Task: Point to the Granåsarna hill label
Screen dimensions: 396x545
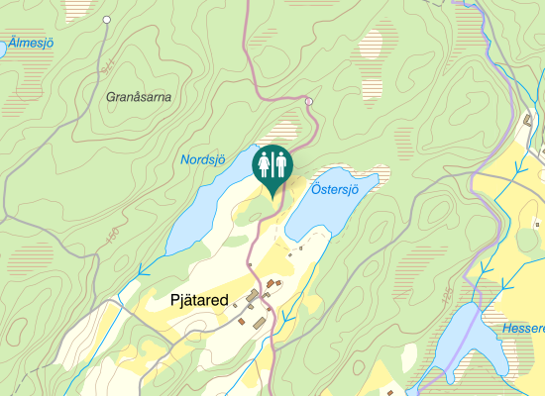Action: click(139, 97)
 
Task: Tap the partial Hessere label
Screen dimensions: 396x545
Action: click(522, 328)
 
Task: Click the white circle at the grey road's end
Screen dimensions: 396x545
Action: click(106, 20)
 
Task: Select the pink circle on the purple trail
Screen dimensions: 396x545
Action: click(309, 102)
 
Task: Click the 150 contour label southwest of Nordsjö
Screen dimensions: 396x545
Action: click(112, 234)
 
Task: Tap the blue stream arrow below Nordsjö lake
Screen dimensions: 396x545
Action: click(142, 268)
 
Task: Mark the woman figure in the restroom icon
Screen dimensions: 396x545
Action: click(264, 162)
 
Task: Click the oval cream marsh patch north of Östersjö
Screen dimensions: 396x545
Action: click(373, 45)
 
